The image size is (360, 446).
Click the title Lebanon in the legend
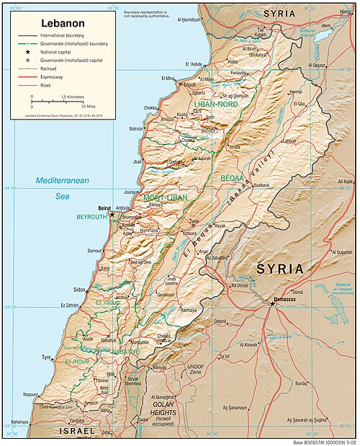(62, 23)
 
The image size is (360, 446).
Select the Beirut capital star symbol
(112, 214)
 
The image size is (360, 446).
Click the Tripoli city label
(189, 84)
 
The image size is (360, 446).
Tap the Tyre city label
(47, 357)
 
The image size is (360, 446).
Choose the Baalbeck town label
(260, 185)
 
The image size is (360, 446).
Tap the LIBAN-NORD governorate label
(212, 104)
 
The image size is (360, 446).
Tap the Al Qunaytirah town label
(166, 397)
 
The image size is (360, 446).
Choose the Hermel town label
(295, 92)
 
